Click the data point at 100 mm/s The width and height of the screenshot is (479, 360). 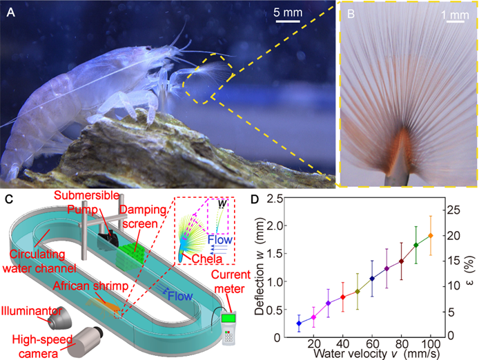[430, 236]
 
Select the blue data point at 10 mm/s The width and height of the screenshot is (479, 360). [298, 323]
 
